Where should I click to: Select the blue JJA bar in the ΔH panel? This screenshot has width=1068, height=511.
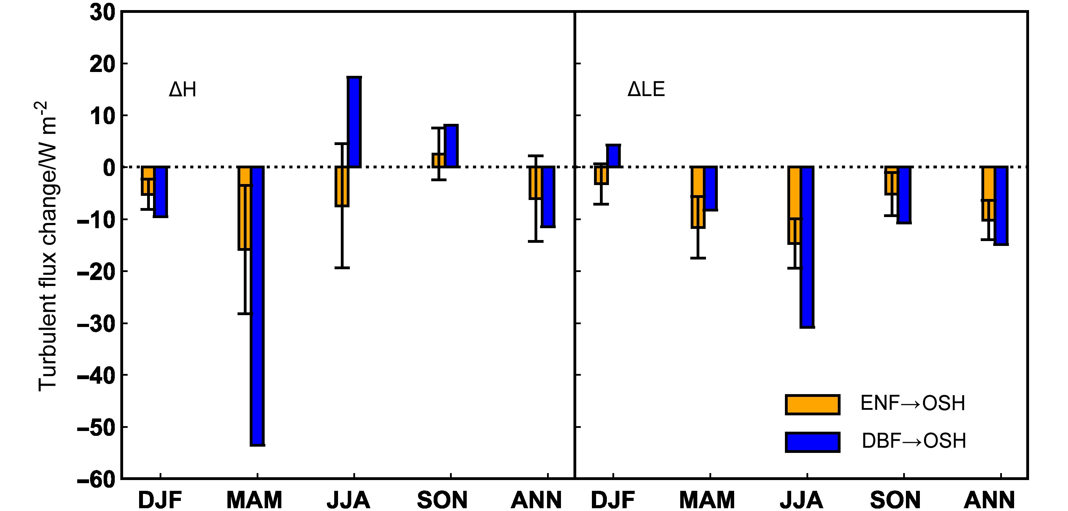tap(354, 122)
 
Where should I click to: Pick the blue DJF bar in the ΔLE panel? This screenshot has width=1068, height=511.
tap(613, 156)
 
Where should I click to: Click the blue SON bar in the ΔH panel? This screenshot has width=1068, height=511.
tap(451, 146)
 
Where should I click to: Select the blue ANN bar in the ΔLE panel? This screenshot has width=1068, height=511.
tap(1001, 206)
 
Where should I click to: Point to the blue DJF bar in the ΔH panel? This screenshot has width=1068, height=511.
tap(160, 192)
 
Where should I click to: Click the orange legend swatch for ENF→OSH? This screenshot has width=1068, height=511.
tap(812, 405)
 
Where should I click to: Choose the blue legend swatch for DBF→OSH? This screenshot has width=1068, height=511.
tap(812, 442)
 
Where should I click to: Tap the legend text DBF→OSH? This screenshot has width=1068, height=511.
tap(914, 441)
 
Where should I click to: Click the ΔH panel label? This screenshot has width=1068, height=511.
tap(183, 90)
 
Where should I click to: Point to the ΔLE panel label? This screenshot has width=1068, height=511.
tap(646, 90)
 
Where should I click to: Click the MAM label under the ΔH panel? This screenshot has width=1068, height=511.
tap(254, 500)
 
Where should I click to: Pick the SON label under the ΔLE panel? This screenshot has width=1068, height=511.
tap(895, 500)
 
